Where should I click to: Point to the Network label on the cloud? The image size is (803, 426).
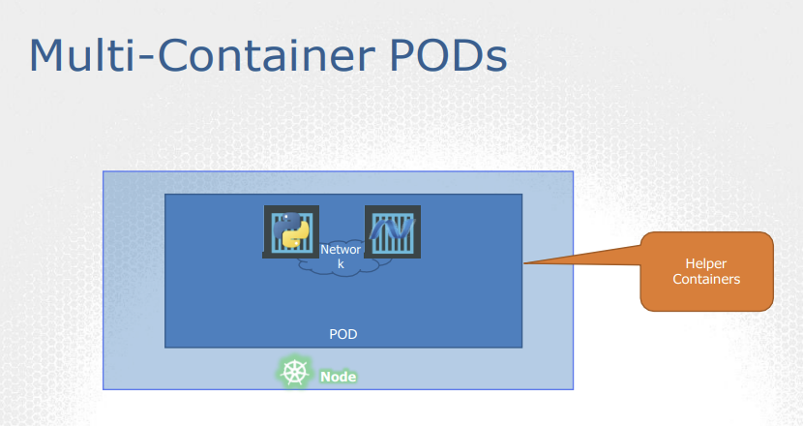[341, 250]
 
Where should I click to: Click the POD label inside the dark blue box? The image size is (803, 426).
[343, 334]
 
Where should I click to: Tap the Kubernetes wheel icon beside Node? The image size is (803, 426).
[295, 372]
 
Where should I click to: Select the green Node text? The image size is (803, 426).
[338, 377]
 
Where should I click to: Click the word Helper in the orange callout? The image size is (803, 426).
[705, 263]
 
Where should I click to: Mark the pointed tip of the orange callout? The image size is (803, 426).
[523, 263]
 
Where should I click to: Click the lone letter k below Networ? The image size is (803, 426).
[341, 263]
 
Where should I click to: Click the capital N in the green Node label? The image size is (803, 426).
[325, 377]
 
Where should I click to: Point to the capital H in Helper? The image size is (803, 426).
[689, 263]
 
